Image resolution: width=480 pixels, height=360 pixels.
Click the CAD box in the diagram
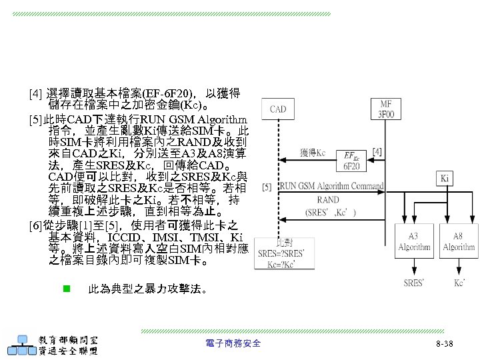click(278, 109)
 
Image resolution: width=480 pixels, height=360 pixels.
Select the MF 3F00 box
click(386, 108)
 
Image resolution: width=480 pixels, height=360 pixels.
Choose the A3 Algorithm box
click(415, 242)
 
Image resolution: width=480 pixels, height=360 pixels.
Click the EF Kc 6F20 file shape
click(353, 161)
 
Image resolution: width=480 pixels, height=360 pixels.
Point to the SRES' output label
click(414, 283)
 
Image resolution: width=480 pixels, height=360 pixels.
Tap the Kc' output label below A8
click(459, 283)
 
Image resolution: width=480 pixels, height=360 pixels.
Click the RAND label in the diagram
click(327, 199)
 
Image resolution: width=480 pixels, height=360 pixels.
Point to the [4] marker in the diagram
click(378, 153)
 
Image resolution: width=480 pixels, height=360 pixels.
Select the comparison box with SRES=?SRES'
click(285, 254)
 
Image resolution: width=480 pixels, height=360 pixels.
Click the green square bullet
click(66, 289)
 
